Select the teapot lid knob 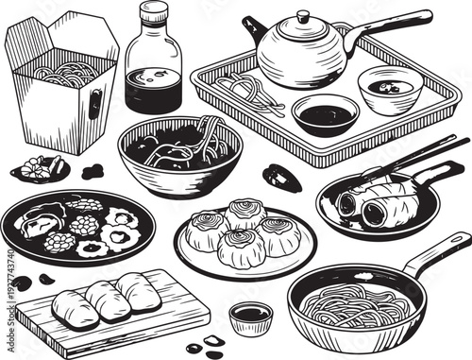(302, 17)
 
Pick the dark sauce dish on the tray (326, 114)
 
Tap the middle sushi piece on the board (107, 300)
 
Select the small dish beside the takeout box (41, 169)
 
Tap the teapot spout (252, 28)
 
